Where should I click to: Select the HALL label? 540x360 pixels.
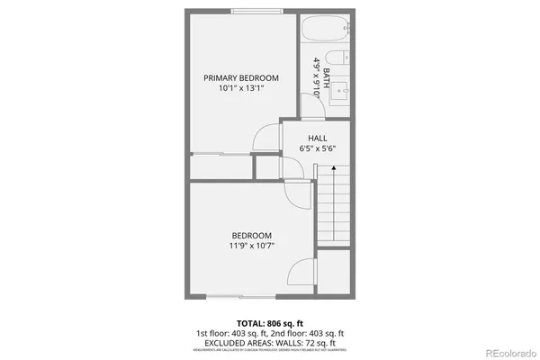coord(317,138)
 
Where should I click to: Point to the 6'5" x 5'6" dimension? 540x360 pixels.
coord(317,148)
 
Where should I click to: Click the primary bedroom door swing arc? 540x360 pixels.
coord(266,138)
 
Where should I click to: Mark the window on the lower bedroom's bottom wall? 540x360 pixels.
coord(238,297)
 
